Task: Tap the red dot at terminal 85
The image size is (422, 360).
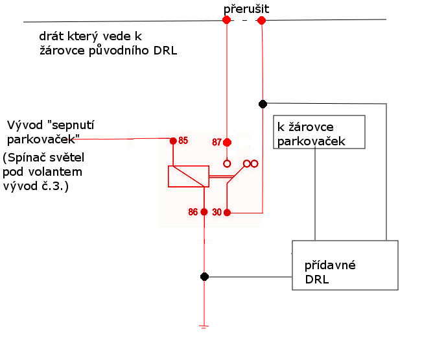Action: pos(173,141)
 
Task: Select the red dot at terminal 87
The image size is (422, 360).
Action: pos(227,142)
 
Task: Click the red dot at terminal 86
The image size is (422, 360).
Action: pos(204,212)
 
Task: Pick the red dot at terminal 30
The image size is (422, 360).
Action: pos(227,213)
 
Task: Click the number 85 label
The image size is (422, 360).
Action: pos(183,141)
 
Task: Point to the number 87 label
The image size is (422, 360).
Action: pos(217,142)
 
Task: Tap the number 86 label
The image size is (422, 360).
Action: pos(193,212)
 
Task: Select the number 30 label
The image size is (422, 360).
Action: pos(217,213)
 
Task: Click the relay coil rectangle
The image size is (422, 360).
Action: pos(188,176)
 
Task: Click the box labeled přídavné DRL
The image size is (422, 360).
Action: pos(344,265)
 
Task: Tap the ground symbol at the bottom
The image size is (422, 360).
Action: pos(204,327)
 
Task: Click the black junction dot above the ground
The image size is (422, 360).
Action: pos(204,277)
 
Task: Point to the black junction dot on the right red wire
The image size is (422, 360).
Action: pos(263,104)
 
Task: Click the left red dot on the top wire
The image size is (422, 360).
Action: pos(226,20)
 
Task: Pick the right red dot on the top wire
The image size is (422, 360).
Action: pos(262,21)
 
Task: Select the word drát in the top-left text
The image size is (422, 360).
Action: pos(52,36)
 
